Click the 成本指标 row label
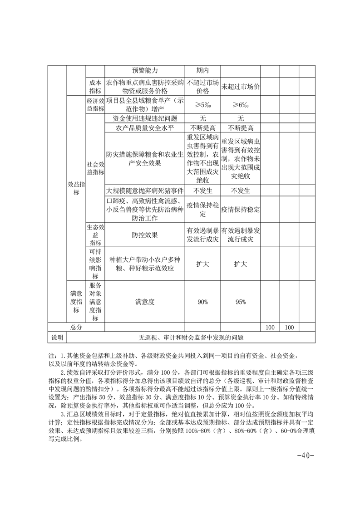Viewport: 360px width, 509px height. (x=95, y=87)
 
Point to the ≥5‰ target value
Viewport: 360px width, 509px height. (x=202, y=105)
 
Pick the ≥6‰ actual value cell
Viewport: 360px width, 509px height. (x=240, y=105)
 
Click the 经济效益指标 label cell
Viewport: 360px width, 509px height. (x=95, y=105)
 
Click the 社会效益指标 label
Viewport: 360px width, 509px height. (x=95, y=168)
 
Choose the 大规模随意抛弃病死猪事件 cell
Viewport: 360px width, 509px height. (x=145, y=191)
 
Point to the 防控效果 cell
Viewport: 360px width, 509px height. (x=145, y=235)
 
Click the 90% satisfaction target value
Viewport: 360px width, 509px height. (x=202, y=302)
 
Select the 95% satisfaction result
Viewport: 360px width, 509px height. (x=240, y=302)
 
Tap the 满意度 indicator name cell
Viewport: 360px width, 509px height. (x=145, y=302)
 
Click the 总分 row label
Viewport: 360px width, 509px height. (x=76, y=327)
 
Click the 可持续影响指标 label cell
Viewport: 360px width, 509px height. (x=95, y=264)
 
